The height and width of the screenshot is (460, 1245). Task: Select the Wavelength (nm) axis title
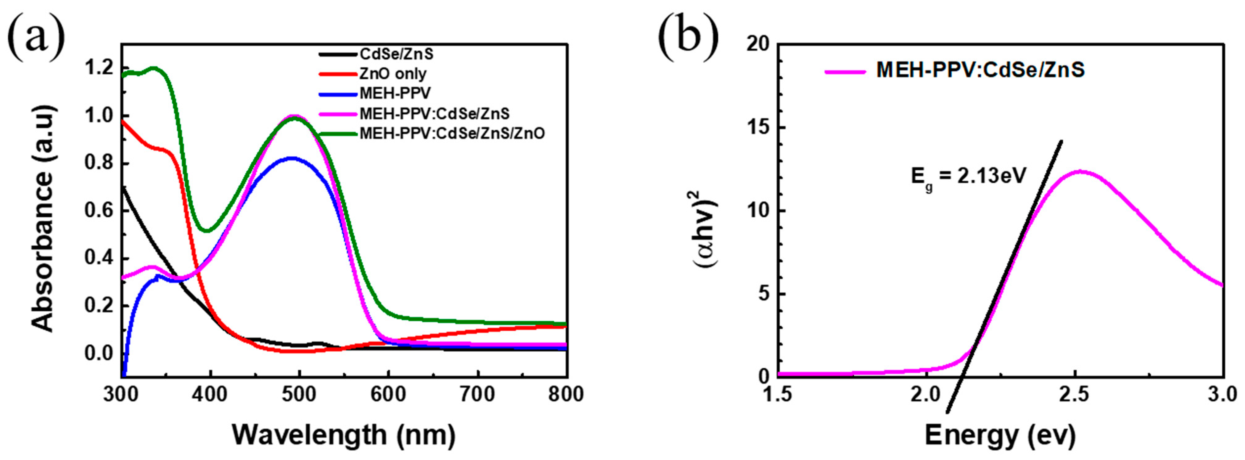(x=344, y=435)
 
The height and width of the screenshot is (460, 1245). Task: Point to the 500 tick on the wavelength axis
(x=300, y=395)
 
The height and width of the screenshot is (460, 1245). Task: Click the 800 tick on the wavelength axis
(x=566, y=395)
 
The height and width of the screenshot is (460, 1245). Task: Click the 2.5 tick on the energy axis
(x=1075, y=395)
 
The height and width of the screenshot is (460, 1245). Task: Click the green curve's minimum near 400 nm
(x=207, y=231)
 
